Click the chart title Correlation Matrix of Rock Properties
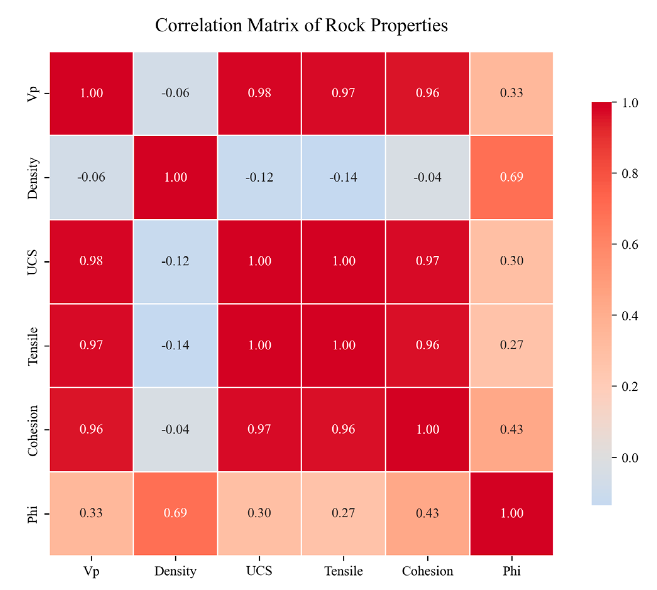tap(301, 25)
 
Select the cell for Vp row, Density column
tap(175, 93)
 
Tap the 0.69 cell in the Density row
tap(512, 177)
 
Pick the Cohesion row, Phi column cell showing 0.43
tap(512, 429)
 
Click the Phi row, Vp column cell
tap(91, 513)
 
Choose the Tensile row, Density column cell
tap(175, 345)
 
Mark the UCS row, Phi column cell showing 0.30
tap(512, 261)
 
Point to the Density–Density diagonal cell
tap(175, 177)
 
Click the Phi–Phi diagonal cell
tap(512, 513)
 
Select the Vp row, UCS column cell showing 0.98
tap(259, 93)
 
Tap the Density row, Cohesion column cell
tap(427, 177)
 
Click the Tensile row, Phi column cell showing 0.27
tap(512, 345)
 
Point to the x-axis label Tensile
tap(343, 571)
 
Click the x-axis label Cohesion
tap(427, 571)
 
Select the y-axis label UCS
tap(32, 262)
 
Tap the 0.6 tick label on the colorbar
tap(630, 244)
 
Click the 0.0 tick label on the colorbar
tap(630, 458)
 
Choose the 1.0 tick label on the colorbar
tap(630, 103)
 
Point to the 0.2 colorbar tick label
tap(630, 386)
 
